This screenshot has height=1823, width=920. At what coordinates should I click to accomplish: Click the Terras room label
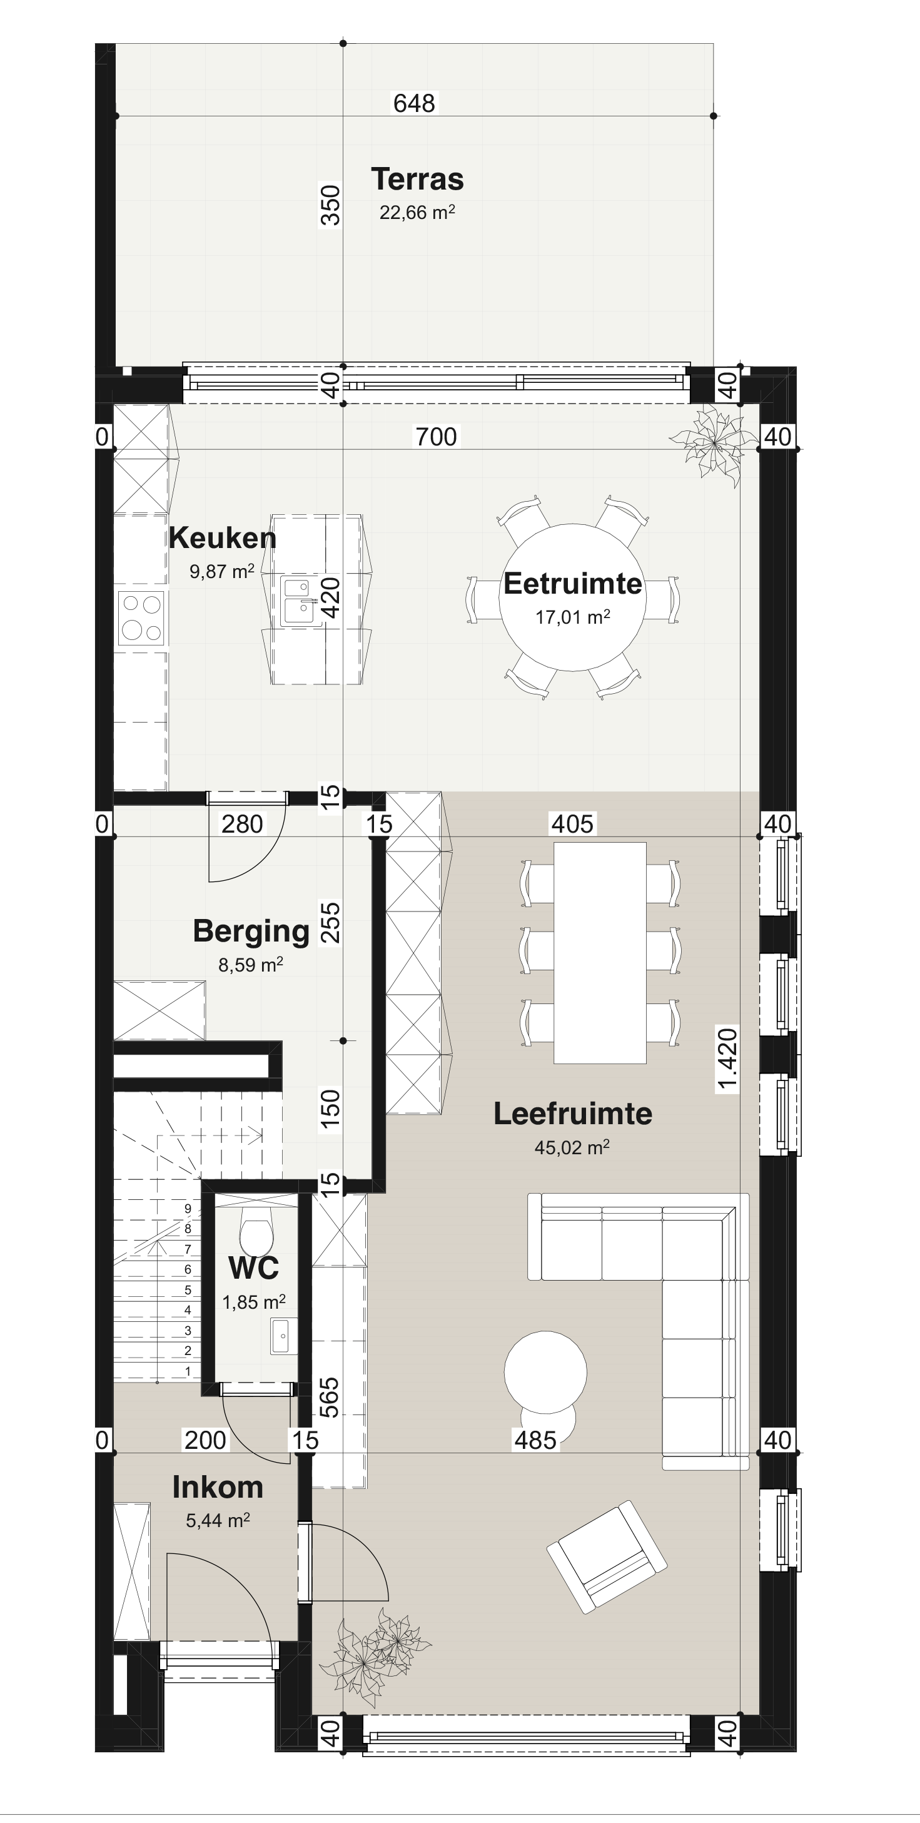pos(417,179)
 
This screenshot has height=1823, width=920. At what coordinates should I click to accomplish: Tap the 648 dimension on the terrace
pos(414,103)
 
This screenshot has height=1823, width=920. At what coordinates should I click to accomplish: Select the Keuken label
pos(222,539)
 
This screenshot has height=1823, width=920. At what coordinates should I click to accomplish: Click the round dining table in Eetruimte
pos(572,597)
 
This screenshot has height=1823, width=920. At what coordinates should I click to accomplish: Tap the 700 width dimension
pos(436,437)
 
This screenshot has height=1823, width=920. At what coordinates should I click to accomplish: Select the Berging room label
pos(251,932)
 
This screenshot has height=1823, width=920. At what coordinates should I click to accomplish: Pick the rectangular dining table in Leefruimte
pos(599,953)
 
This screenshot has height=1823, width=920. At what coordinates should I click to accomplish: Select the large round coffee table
pos(545,1371)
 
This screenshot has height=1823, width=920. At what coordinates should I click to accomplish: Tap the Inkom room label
pos(217,1487)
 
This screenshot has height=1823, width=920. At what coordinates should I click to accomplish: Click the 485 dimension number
pos(535,1440)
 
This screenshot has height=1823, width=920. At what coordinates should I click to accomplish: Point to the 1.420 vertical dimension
pos(727,1060)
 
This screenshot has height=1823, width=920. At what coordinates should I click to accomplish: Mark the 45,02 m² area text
pos(572,1147)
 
